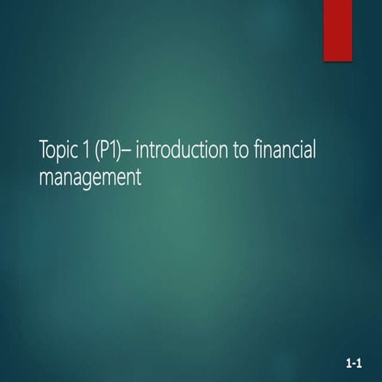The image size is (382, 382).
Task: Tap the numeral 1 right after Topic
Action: tap(85, 149)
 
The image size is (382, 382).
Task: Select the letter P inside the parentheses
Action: tap(102, 149)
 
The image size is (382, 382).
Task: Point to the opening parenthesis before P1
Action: tap(95, 150)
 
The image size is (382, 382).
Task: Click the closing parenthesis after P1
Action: tap(118, 150)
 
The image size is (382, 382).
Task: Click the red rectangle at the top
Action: tap(337, 29)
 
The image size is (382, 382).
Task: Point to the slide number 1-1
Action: tap(354, 364)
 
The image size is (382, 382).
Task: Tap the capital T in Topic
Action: tap(43, 149)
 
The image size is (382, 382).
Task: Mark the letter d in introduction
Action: tap(181, 149)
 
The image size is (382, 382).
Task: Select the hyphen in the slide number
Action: tap(354, 365)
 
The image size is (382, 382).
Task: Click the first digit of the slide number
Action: tap(349, 364)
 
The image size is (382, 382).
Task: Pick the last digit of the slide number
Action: tap(360, 364)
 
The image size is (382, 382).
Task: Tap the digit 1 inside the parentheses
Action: tap(111, 149)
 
